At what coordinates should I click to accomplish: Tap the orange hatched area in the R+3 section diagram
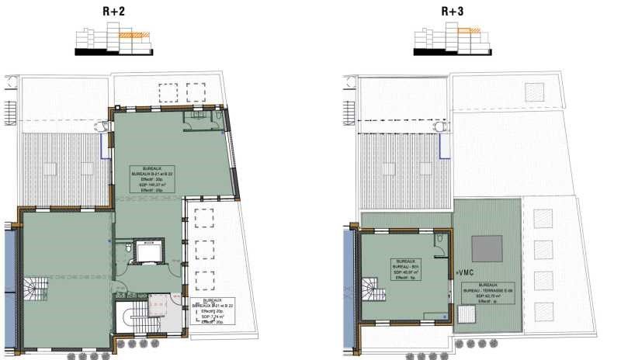click(x=468, y=31)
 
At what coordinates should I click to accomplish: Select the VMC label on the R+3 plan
click(x=465, y=272)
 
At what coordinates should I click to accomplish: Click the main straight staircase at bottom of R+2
click(x=130, y=318)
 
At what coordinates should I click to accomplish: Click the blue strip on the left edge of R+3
click(x=347, y=268)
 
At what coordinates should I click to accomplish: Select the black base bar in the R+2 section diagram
click(x=114, y=51)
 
